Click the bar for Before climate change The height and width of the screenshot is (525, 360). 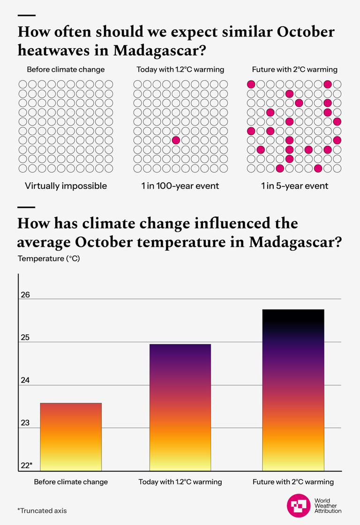click(71, 436)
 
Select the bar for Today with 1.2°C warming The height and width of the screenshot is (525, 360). click(180, 407)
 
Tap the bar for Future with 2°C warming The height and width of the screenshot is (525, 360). click(293, 390)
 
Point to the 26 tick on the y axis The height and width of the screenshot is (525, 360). click(25, 295)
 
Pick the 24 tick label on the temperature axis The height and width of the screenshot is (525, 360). click(25, 380)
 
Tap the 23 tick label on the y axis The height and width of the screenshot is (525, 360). click(25, 423)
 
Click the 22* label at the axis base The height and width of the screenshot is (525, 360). click(26, 466)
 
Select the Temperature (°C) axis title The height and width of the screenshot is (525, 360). click(48, 258)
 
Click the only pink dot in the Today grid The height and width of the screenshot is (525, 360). click(176, 140)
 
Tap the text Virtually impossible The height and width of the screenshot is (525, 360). click(66, 186)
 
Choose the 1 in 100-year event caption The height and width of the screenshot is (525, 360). click(180, 186)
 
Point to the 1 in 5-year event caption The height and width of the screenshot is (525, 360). click(294, 186)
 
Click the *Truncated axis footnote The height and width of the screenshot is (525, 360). click(42, 510)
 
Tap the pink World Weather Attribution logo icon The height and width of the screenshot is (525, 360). click(299, 506)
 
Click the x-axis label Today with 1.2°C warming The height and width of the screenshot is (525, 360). click(180, 482)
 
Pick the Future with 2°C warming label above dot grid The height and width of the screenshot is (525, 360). click(294, 70)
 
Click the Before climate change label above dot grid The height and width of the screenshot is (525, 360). click(66, 70)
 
